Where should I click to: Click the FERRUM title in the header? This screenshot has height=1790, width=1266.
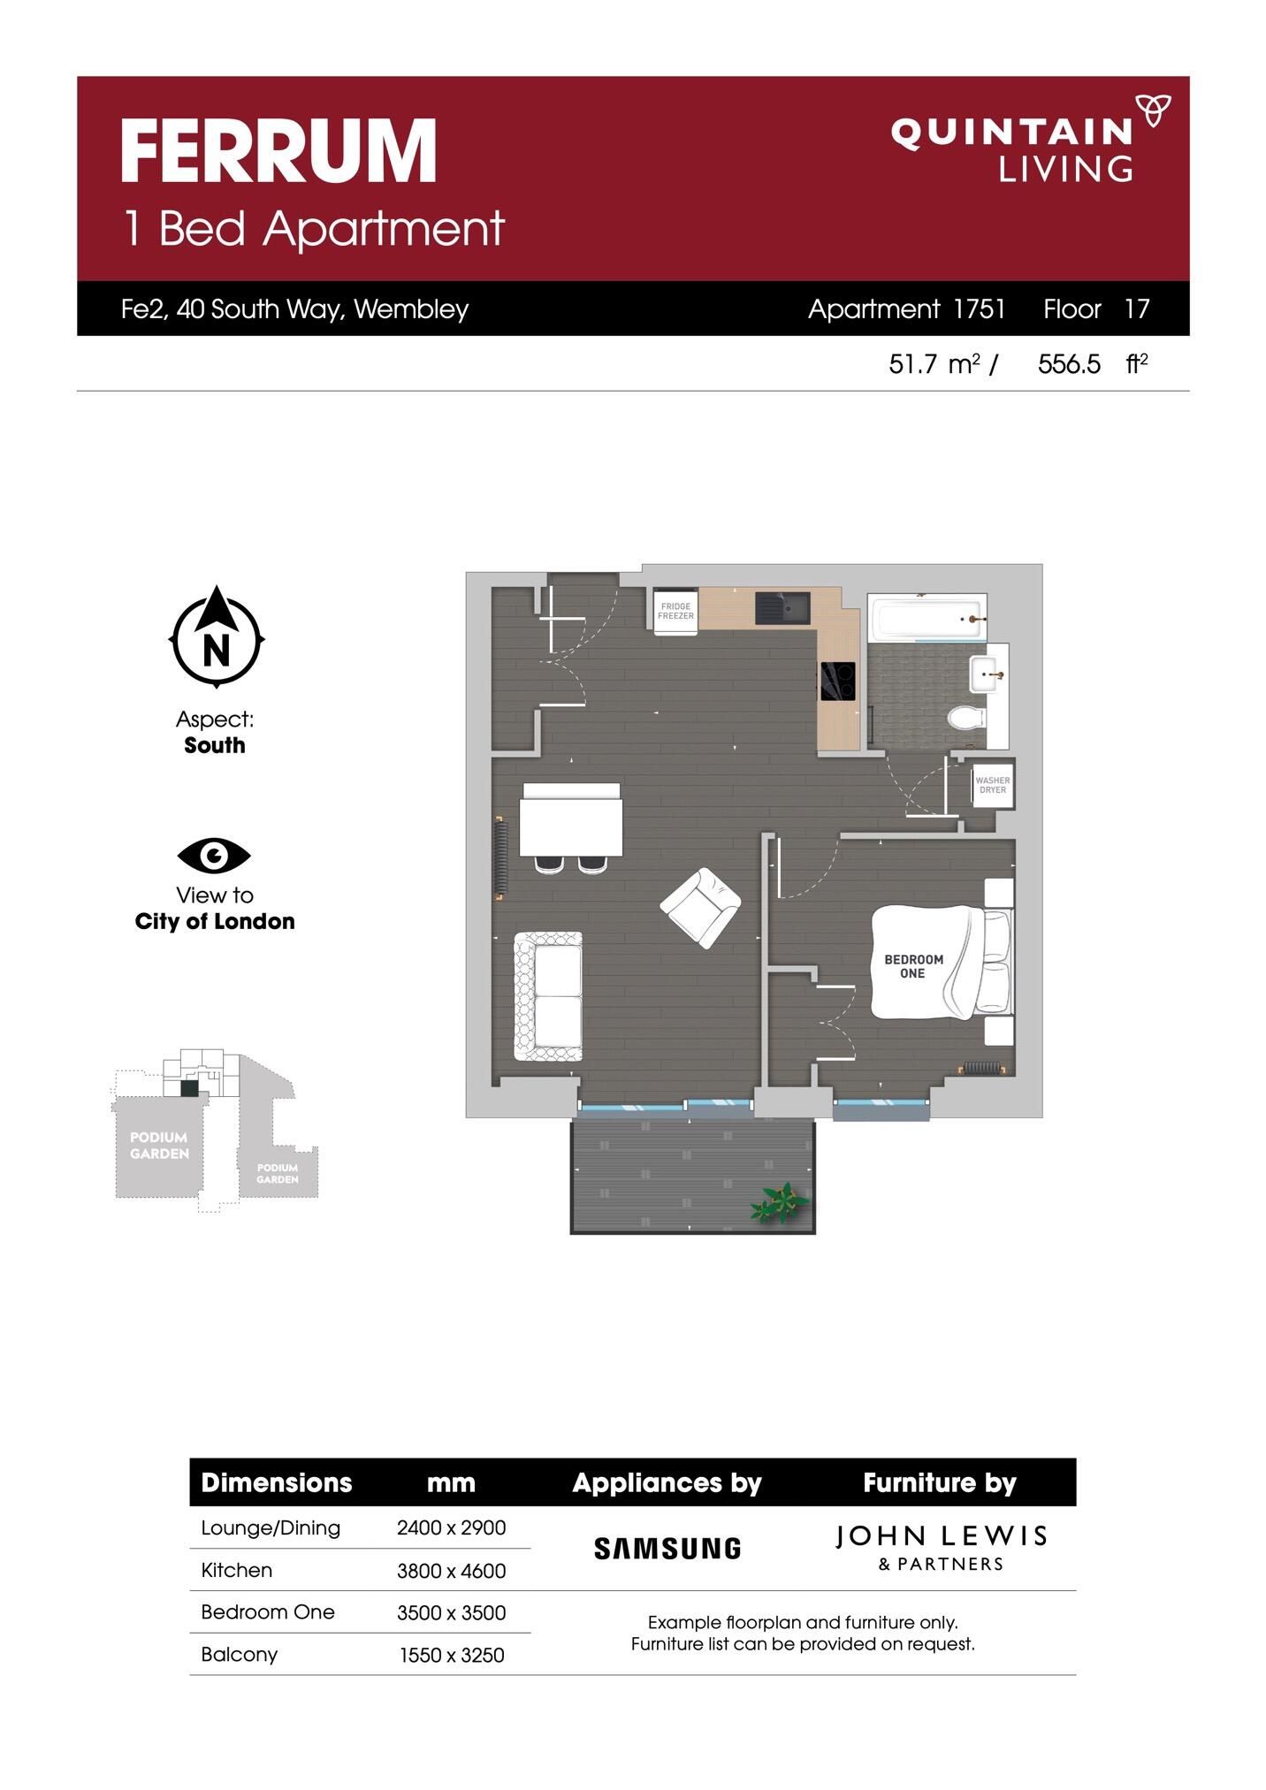[278, 151]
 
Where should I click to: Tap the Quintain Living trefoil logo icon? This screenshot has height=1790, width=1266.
[1154, 110]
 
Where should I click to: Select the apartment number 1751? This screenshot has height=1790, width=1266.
[980, 308]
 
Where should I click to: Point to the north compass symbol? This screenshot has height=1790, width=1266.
[217, 636]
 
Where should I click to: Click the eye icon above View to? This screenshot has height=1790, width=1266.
[214, 855]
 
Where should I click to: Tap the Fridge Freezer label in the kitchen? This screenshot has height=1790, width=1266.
[675, 611]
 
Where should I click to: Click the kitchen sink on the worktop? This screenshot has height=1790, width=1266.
[782, 608]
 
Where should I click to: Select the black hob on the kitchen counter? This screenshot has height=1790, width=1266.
[837, 681]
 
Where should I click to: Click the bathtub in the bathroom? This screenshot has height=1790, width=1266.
[927, 616]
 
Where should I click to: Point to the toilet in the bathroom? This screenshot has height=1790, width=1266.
[965, 717]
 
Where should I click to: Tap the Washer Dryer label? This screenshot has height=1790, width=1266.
[993, 785]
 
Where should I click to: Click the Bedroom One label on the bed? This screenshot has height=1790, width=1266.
[913, 966]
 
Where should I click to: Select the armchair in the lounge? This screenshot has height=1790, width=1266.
[701, 908]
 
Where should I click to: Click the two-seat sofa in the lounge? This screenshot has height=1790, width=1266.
[548, 996]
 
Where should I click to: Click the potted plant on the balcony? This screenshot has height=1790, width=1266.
[780, 1203]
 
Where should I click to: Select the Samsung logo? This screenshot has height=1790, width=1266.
[667, 1548]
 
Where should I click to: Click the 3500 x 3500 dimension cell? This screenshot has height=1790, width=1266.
[451, 1612]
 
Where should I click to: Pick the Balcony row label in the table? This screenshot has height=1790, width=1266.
[239, 1655]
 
